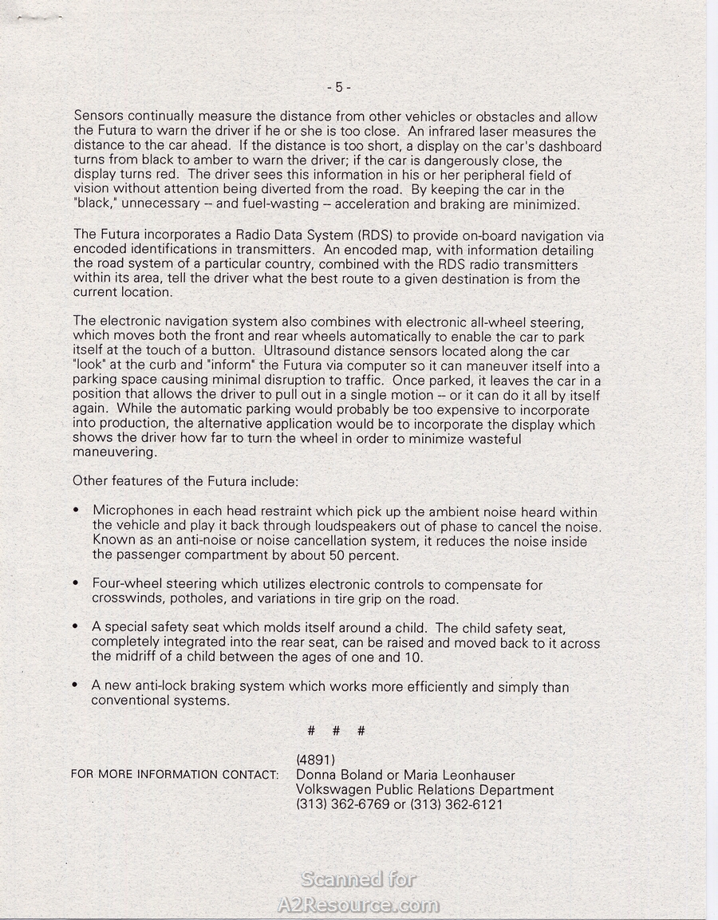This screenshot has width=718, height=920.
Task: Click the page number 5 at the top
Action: (x=338, y=87)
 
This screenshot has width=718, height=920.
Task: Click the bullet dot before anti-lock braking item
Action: (x=75, y=686)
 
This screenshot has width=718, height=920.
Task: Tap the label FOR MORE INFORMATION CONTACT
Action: (x=175, y=775)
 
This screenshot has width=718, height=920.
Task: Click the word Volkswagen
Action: (x=335, y=790)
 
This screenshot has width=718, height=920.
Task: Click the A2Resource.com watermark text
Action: (x=358, y=905)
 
